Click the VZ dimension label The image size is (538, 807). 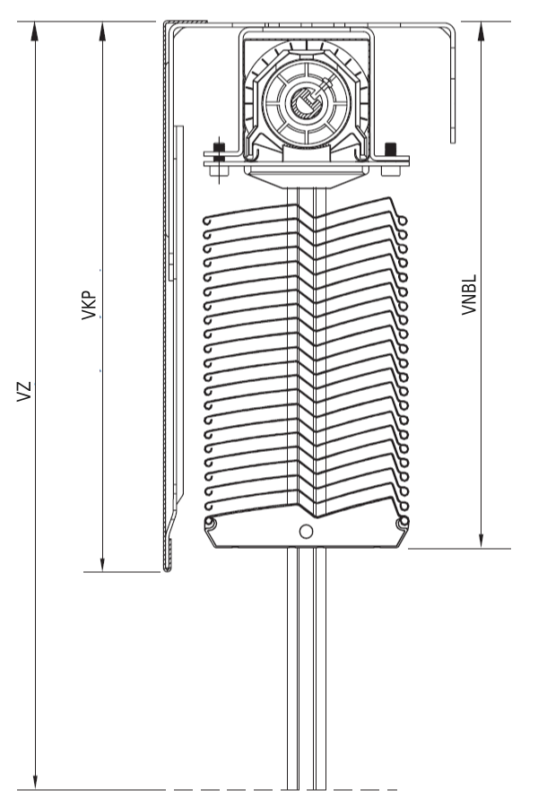point(25,392)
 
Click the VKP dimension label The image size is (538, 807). point(89,306)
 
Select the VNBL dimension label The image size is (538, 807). point(469,294)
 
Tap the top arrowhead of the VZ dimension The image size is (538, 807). point(35,30)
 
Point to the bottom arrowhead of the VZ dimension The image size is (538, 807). point(35,780)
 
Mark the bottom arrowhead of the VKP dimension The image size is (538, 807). point(102,562)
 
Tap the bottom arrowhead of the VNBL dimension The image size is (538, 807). point(482,539)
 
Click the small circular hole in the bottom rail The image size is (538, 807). point(306,531)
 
